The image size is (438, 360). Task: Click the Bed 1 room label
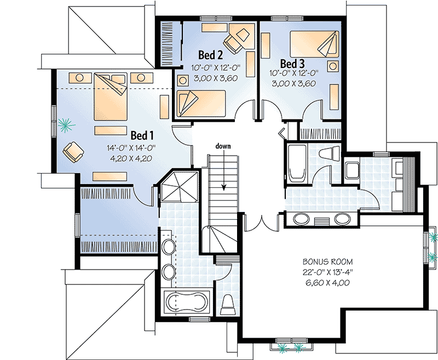click(x=142, y=134)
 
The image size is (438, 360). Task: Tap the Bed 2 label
click(x=210, y=55)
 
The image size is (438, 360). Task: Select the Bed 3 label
click(x=292, y=62)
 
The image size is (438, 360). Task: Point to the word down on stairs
click(x=223, y=146)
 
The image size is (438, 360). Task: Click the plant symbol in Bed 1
click(x=67, y=126)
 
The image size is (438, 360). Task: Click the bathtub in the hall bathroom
click(x=297, y=163)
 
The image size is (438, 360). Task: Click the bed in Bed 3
click(x=314, y=43)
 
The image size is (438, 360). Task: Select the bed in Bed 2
click(x=201, y=101)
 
